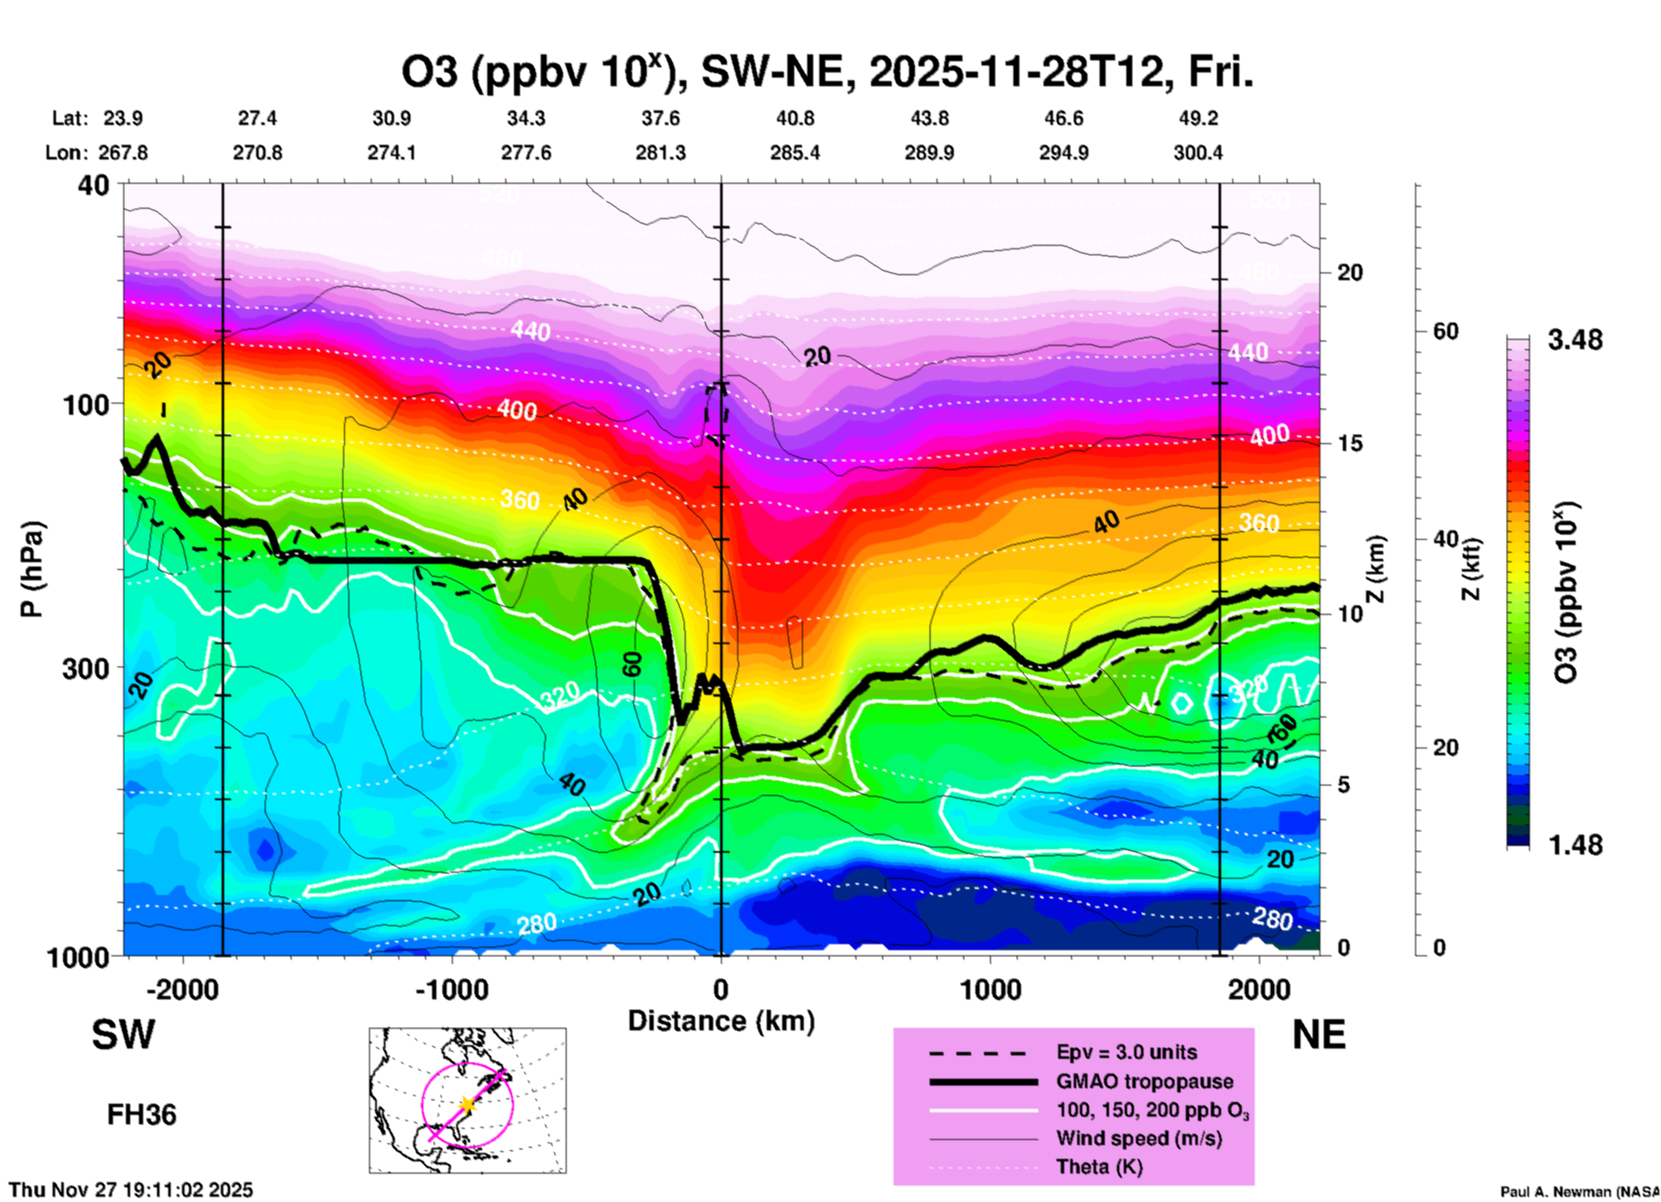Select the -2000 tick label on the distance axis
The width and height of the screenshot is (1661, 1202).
(183, 990)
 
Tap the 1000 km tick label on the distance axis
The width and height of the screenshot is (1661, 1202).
(990, 990)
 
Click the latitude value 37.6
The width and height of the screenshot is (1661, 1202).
(661, 118)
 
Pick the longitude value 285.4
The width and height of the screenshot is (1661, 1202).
(794, 153)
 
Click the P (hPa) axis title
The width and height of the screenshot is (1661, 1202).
(32, 569)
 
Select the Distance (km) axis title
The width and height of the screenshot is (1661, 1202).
(721, 1021)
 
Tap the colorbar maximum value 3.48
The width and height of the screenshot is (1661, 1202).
(1575, 341)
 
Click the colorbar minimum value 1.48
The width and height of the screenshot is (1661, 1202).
(1575, 845)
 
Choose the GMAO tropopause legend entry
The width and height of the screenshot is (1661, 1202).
(1144, 1081)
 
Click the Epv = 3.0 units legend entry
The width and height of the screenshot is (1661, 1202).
(1126, 1052)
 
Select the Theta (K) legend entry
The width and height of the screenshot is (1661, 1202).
(1099, 1167)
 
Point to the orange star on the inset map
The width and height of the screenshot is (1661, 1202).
(467, 1104)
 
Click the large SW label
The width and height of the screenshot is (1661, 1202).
(123, 1035)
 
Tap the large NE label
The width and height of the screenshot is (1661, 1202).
(1319, 1035)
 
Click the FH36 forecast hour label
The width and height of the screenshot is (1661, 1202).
(141, 1115)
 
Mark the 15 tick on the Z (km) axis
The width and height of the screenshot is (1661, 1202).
(1350, 443)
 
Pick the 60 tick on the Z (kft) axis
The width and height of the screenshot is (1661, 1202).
(1445, 331)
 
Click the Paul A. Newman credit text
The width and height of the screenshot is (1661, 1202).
(1578, 1192)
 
